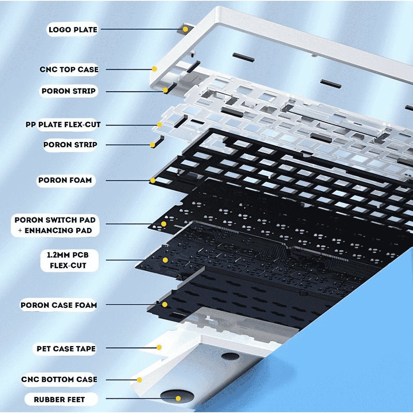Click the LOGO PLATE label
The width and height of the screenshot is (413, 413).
click(73, 29)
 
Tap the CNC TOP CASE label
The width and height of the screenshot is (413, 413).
click(69, 69)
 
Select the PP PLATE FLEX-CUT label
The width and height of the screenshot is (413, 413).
click(63, 125)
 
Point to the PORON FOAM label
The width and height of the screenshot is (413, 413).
click(65, 180)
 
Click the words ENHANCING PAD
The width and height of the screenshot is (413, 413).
click(58, 230)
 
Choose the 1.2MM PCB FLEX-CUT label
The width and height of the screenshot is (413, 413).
click(68, 260)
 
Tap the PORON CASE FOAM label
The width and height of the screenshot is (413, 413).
click(59, 305)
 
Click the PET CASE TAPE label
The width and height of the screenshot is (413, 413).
click(66, 349)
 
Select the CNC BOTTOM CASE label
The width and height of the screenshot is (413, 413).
click(59, 379)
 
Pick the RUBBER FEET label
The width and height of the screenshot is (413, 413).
click(59, 400)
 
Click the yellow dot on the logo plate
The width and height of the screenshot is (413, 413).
click(186, 29)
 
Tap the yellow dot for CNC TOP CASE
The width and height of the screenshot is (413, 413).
click(154, 69)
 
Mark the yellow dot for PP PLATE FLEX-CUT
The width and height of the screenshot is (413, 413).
click(159, 125)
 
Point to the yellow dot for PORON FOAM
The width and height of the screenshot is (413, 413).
click(153, 180)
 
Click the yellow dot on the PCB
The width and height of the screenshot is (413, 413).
click(165, 260)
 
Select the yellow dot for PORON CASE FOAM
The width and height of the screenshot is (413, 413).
click(165, 305)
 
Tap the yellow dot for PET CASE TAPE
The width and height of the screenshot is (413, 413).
click(159, 347)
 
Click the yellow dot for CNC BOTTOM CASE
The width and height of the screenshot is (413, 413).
click(139, 380)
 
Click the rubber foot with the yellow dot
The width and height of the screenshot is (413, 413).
click(177, 397)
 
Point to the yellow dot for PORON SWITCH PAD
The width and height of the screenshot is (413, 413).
click(164, 224)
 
